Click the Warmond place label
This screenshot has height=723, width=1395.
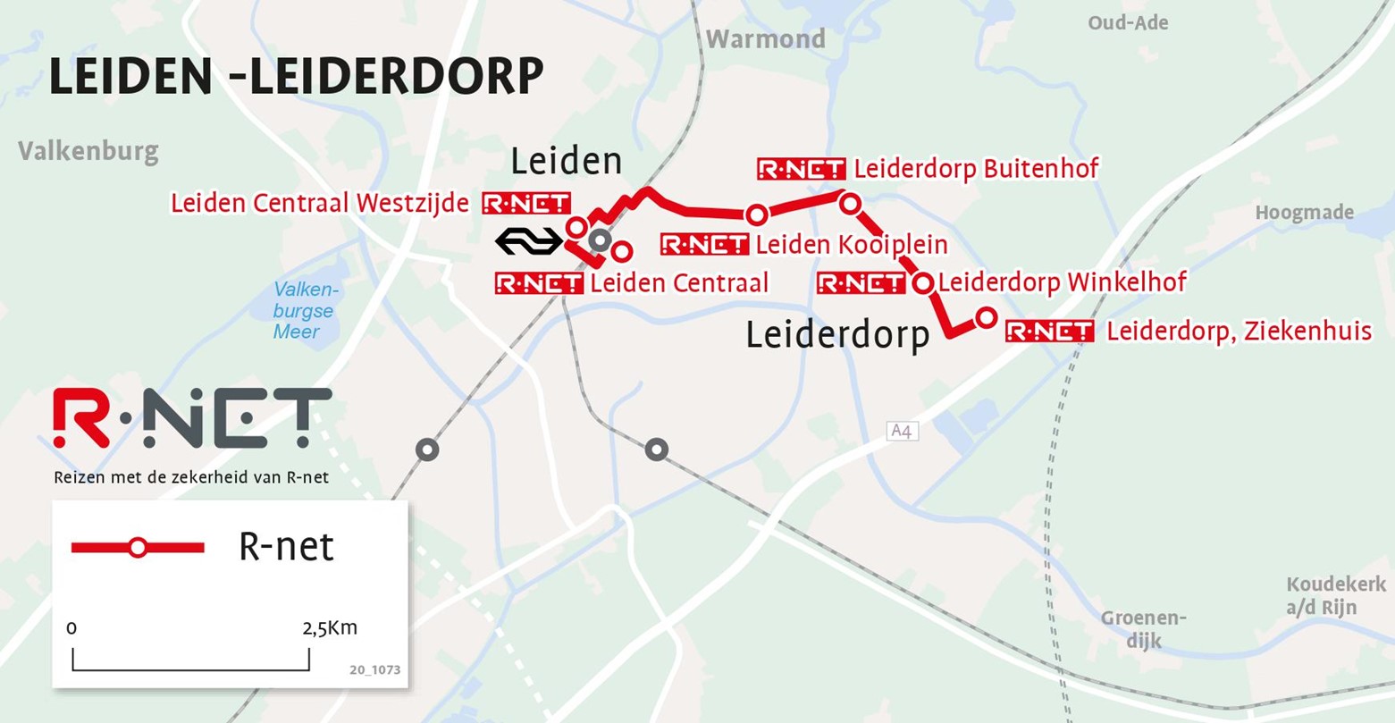(x=766, y=39)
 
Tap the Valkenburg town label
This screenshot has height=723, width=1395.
(x=88, y=151)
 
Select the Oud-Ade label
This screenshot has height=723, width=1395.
(x=1128, y=23)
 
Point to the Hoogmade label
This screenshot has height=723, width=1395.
(x=1304, y=213)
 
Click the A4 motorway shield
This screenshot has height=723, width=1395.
(x=903, y=432)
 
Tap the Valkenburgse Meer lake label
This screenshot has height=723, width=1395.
(x=304, y=311)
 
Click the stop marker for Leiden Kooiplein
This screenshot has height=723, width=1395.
(x=757, y=214)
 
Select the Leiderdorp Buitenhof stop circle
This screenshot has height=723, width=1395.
(x=850, y=204)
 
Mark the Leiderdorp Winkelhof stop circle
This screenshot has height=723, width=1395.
(x=923, y=283)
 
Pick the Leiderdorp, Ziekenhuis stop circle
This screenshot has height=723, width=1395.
(x=986, y=317)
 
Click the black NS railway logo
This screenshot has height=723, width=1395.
(x=529, y=241)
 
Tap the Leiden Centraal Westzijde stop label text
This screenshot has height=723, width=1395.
(x=320, y=204)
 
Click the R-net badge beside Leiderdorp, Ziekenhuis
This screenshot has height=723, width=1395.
(x=1049, y=332)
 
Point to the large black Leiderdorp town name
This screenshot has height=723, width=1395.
(x=837, y=335)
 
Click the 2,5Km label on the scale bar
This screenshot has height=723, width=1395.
(x=330, y=628)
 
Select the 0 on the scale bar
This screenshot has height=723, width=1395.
(x=71, y=628)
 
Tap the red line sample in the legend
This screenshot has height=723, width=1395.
(x=138, y=548)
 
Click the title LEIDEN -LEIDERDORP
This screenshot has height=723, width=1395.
(x=296, y=77)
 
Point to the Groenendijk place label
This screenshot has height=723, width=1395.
(x=1143, y=628)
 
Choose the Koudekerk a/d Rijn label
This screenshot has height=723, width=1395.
(x=1336, y=596)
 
